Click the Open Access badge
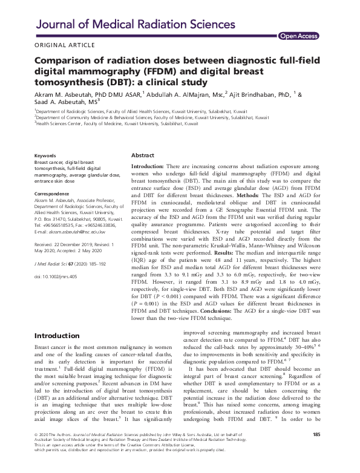coord(298,36)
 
